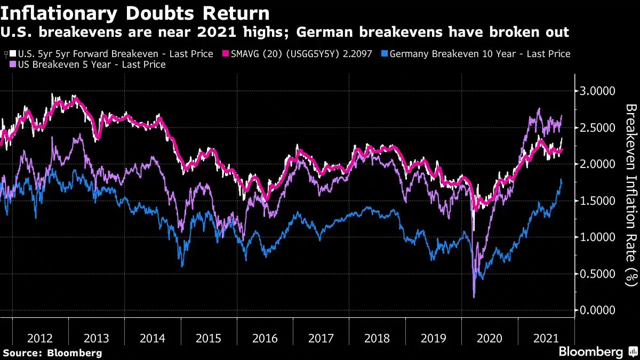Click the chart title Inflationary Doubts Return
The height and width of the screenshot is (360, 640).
[x=137, y=13]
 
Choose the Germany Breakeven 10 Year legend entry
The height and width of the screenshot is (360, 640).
[x=479, y=54]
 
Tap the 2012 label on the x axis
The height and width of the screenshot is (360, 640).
[x=40, y=338]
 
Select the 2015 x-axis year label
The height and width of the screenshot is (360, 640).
[x=209, y=338]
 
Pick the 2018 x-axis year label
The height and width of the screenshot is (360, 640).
[x=377, y=338]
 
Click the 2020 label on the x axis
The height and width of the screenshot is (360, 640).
[x=490, y=338]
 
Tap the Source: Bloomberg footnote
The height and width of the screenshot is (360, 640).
[x=52, y=353]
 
